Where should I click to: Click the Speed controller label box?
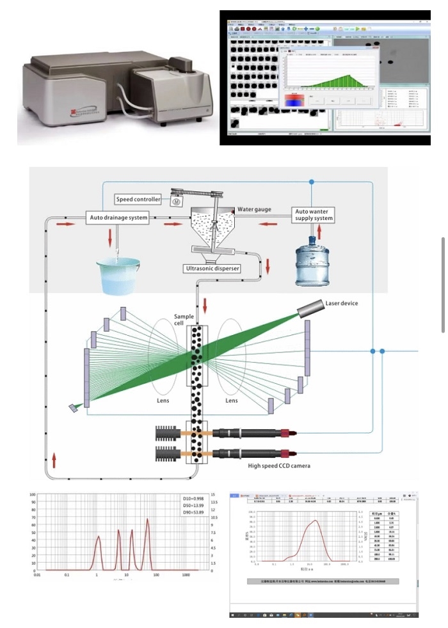pos(142,200)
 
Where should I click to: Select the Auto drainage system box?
pos(118,217)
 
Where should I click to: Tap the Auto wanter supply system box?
pos(314,214)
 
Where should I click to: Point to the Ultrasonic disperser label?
pos(212,269)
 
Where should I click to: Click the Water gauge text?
pos(254,208)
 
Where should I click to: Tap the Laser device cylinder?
pos(310,310)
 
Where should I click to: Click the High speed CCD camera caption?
pos(279,466)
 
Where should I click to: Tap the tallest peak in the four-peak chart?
pos(148,521)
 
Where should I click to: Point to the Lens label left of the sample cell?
pos(164,400)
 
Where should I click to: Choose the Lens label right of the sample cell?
pos(232,400)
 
